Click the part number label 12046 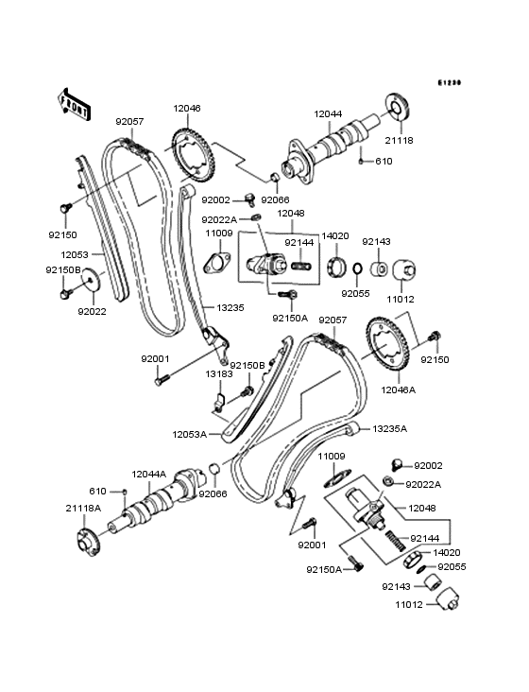(187, 109)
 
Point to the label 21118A (84, 509)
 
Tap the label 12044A (149, 474)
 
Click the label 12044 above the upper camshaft (328, 113)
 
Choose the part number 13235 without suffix (230, 307)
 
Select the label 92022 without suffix (92, 310)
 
